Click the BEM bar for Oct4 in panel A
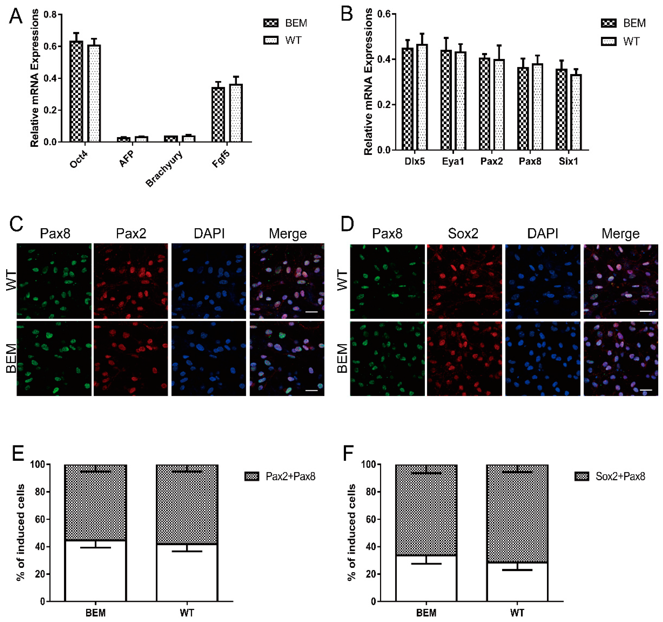click(76, 92)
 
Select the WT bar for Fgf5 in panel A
click(236, 113)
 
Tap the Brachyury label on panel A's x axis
click(164, 169)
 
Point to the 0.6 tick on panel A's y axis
click(50, 46)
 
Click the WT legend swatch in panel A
click(271, 40)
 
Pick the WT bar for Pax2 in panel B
click(499, 105)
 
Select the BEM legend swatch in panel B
click(609, 23)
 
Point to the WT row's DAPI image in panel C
click(209, 281)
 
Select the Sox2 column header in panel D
click(463, 233)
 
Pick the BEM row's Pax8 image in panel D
click(387, 358)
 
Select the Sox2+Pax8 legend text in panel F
click(620, 476)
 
